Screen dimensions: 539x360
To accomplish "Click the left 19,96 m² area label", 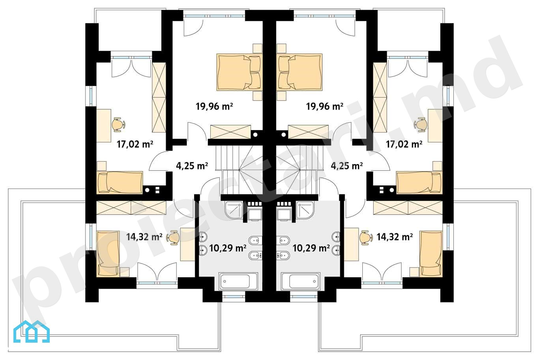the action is pyautogui.click(x=214, y=106).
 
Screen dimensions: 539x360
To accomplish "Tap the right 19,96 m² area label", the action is pyautogui.click(x=324, y=106).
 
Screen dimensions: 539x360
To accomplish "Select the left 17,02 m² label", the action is pyautogui.click(x=135, y=144).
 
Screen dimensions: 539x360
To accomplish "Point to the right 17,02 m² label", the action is pyautogui.click(x=404, y=144).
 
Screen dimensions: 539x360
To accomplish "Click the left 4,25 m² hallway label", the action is pyautogui.click(x=192, y=166).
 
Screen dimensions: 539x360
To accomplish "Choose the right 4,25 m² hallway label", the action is pyautogui.click(x=347, y=166).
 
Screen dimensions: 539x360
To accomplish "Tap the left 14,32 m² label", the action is pyautogui.click(x=144, y=237).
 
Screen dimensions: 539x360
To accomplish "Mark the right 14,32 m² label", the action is pyautogui.click(x=395, y=237).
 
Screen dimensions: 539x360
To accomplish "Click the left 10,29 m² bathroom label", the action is pyautogui.click(x=228, y=248).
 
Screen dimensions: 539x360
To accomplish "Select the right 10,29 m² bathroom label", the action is pyautogui.click(x=311, y=248).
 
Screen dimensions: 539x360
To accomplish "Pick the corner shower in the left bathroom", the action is pyautogui.click(x=234, y=210).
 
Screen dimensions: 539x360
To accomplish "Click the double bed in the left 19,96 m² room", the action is pyautogui.click(x=239, y=72).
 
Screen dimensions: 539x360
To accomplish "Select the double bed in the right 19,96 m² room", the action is pyautogui.click(x=299, y=72).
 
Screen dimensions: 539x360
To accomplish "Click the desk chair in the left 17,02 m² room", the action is pyautogui.click(x=118, y=125).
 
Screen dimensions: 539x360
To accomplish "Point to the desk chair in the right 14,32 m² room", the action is pyautogui.click(x=366, y=238).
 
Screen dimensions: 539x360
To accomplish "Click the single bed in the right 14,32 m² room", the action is pyautogui.click(x=431, y=254).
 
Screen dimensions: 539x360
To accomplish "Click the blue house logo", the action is pyautogui.click(x=32, y=331).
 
